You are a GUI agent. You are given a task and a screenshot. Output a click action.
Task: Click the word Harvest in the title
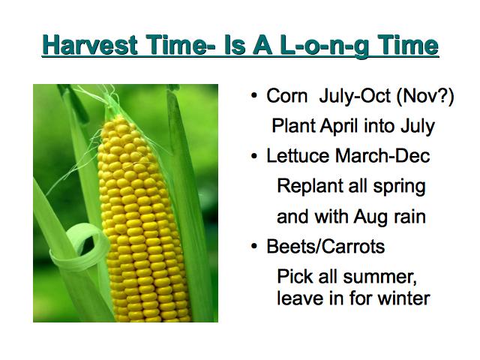[90, 45]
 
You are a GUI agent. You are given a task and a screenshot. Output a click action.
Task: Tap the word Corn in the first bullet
[286, 96]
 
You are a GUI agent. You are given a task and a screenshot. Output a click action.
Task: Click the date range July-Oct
[355, 96]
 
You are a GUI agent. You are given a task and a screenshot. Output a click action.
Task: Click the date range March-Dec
[382, 155]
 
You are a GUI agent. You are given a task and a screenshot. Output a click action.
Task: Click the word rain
[409, 217]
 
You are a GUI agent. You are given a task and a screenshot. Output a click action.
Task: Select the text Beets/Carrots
[325, 246]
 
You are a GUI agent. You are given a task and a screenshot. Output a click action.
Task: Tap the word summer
[380, 277]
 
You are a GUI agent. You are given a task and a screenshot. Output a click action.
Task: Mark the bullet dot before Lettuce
[254, 156]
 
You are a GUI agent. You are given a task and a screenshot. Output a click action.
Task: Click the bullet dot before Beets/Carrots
[254, 247]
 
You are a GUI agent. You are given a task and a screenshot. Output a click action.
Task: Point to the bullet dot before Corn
[254, 96]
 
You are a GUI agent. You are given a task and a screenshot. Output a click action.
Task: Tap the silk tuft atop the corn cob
[109, 101]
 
